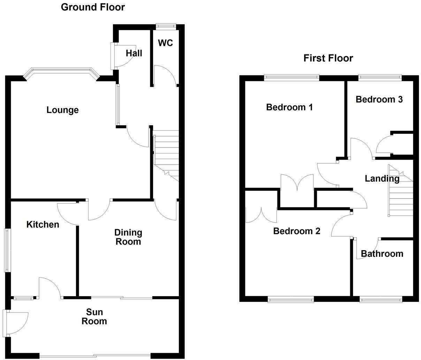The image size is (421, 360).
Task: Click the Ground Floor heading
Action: click(93, 7)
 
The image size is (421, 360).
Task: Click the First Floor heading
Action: click(328, 58)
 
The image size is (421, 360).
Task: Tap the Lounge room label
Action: click(63, 110)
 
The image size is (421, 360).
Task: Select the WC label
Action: click(165, 43)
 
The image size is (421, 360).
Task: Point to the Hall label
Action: click(134, 53)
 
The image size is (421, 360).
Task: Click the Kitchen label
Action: click(43, 224)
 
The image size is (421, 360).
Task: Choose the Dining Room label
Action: click(128, 237)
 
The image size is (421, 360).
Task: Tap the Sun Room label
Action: click(94, 317)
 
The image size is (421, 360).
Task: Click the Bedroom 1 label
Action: click(289, 107)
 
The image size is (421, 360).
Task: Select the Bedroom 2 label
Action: click(297, 231)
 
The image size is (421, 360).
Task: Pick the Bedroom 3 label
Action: click(379, 99)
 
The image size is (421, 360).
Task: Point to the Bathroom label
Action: click(382, 254)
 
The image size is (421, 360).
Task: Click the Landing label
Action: click(382, 179)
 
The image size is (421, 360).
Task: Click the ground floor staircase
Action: click(166, 153)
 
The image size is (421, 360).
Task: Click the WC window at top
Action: click(166, 25)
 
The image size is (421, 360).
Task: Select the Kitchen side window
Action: click(7, 250)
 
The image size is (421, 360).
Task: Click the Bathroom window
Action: click(381, 299)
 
